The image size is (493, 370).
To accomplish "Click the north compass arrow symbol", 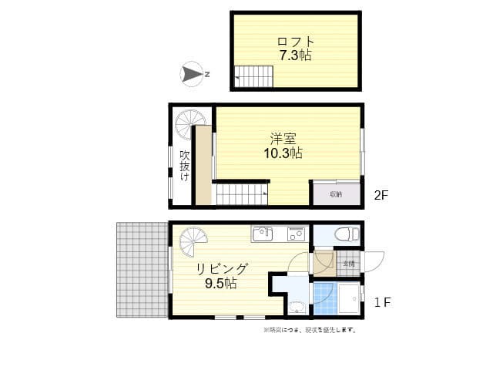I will tap(193, 75).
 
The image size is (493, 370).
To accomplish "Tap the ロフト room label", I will tap(295, 41).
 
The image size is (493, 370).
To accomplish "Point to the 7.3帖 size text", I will tap(295, 55).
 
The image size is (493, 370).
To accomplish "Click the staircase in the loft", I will tap(254, 76).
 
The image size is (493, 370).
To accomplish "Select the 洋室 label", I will tap(283, 139).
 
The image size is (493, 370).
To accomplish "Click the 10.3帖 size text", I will tap(283, 153).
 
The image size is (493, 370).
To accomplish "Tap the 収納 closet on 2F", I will tap(336, 193).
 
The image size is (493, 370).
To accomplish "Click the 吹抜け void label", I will tap(185, 164).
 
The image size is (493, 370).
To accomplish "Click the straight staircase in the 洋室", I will tap(240, 193).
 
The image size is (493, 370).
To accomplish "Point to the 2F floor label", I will tap(381, 196).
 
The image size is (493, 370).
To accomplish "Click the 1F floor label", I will tap(382, 302).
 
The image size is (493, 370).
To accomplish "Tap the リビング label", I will tap(221, 269).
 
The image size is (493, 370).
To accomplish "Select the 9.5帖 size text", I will tap(221, 283).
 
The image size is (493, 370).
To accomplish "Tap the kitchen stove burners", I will tap(296, 233).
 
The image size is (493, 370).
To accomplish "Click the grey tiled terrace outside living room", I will tap(143, 270).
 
